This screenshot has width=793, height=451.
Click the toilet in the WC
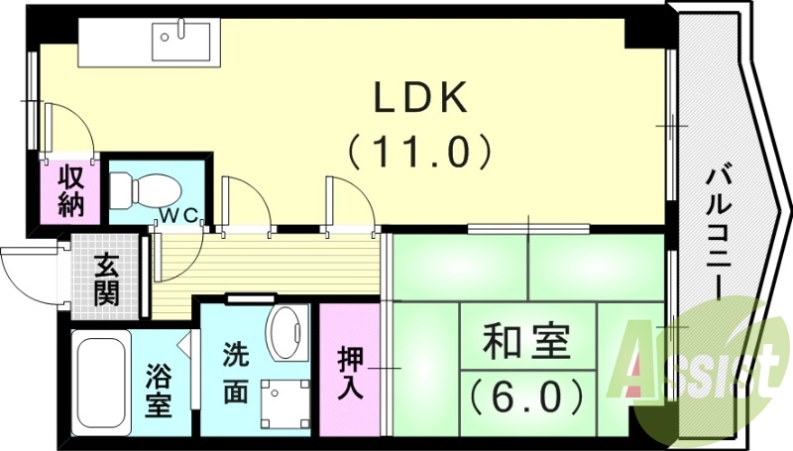pyautogui.click(x=141, y=187)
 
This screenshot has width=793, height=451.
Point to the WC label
pyautogui.click(x=181, y=214)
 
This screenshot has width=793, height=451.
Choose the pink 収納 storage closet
pyautogui.click(x=71, y=192)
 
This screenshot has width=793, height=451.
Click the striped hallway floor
pyautogui.click(x=268, y=264)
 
